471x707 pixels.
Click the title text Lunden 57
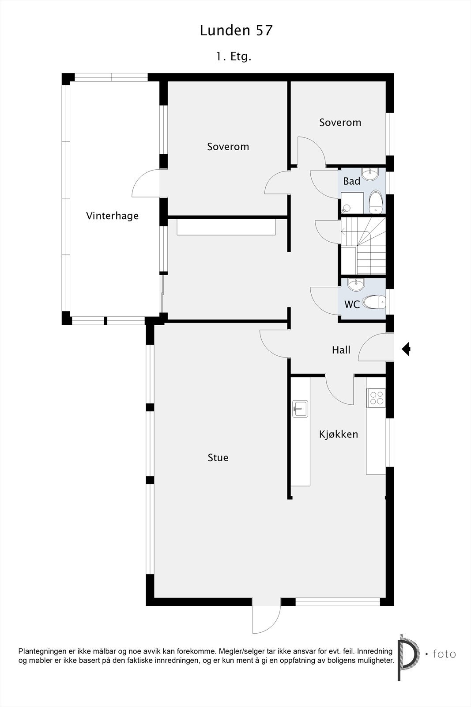point(236,30)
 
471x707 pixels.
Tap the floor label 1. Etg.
point(234,57)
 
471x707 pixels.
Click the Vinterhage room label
point(112,216)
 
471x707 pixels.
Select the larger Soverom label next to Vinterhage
point(228,146)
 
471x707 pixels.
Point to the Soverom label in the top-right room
point(340,122)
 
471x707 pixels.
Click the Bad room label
point(352,181)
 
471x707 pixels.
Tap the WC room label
point(352,304)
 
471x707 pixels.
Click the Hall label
point(341,350)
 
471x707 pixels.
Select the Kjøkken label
point(339,434)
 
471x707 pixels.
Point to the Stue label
point(218,457)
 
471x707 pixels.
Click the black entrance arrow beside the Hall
point(406,349)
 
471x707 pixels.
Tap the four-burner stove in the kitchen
point(377,398)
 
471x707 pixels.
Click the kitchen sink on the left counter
point(300,408)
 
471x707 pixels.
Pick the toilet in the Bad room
point(375,202)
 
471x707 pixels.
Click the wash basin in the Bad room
point(369,174)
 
